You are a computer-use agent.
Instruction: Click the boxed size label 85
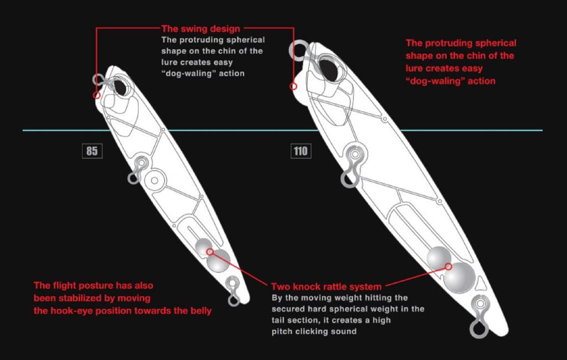[92, 151]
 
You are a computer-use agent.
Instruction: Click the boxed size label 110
[301, 151]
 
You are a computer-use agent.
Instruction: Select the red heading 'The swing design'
[200, 28]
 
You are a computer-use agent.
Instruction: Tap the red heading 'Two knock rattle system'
[326, 286]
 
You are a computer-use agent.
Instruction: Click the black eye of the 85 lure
[121, 87]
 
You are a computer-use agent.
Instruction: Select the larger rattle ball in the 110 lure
[460, 278]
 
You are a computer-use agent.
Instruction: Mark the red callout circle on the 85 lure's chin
[97, 95]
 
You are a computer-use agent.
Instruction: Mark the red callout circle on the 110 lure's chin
[293, 86]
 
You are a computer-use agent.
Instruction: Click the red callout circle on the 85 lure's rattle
[210, 251]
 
